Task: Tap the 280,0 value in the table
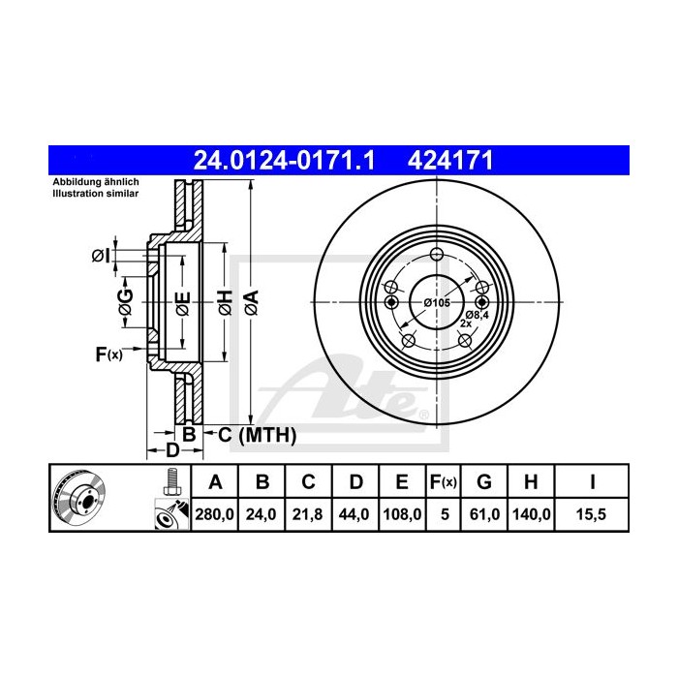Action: click(216, 514)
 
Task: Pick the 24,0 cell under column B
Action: click(262, 514)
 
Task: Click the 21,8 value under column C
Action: click(307, 514)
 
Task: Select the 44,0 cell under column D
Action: click(353, 514)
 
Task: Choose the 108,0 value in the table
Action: click(401, 514)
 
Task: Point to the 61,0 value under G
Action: click(484, 514)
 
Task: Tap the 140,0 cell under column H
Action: click(532, 514)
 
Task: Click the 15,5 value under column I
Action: click(594, 514)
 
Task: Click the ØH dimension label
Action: click(224, 302)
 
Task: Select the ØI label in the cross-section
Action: click(100, 255)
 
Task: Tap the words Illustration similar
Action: click(96, 193)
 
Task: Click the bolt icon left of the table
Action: click(172, 479)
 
